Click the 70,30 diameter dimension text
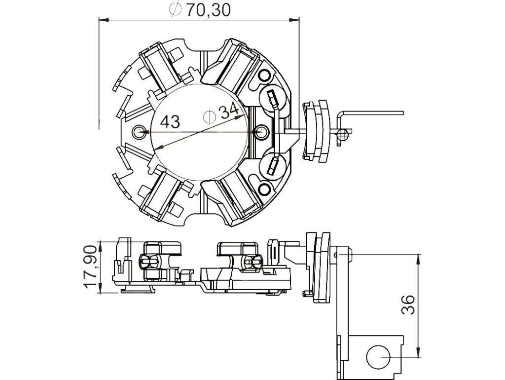209,10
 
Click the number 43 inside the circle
170,122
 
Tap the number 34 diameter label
229,111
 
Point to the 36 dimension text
408,304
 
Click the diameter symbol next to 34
209,116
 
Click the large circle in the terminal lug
378,357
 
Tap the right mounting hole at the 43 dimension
261,131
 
